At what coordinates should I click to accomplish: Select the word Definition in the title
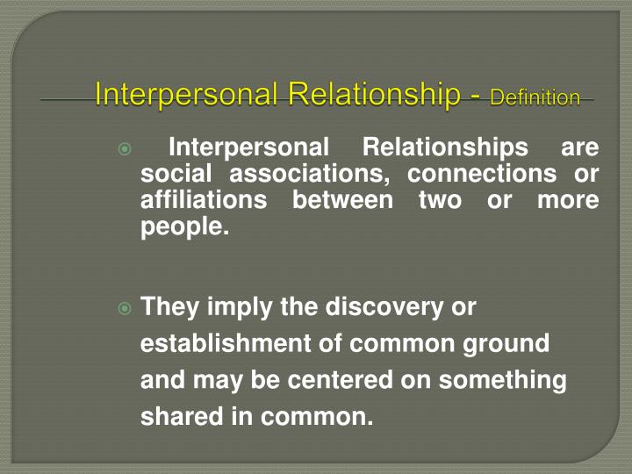click(535, 97)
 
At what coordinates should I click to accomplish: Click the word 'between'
click(342, 200)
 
